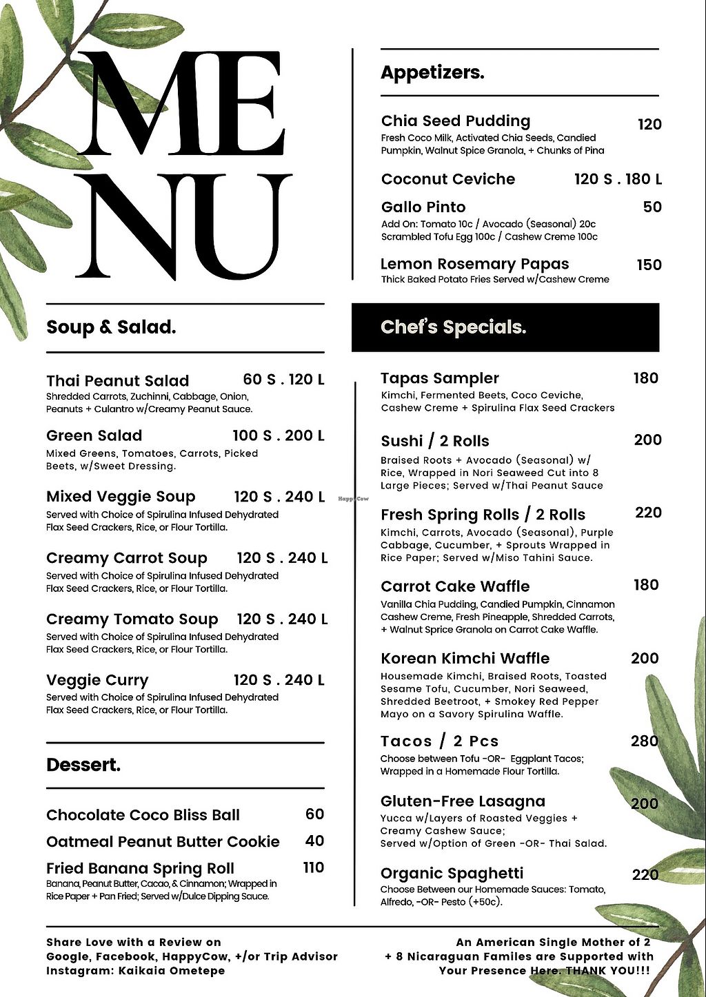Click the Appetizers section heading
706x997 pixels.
click(x=432, y=72)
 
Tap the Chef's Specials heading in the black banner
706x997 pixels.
click(x=453, y=327)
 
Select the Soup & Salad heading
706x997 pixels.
click(x=111, y=327)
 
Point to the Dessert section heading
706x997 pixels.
click(x=83, y=765)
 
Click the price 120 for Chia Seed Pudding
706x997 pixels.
click(x=649, y=125)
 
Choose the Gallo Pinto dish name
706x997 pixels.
click(x=423, y=207)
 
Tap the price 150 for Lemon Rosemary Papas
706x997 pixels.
click(x=649, y=265)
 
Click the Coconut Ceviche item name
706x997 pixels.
click(x=448, y=179)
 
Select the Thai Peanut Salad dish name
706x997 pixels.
click(x=117, y=381)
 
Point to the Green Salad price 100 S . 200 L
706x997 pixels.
click(x=278, y=435)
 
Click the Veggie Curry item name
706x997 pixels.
click(x=97, y=681)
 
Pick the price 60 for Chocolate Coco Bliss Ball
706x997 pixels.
click(x=314, y=814)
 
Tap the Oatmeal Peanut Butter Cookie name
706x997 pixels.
click(x=163, y=842)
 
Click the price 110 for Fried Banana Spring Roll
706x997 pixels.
click(x=314, y=868)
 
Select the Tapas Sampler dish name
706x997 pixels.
click(x=440, y=378)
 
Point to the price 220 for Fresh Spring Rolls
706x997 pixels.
click(x=648, y=513)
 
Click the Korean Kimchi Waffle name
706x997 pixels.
click(x=465, y=659)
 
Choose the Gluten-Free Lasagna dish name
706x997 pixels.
click(x=463, y=801)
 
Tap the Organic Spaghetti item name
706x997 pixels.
click(x=452, y=874)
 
